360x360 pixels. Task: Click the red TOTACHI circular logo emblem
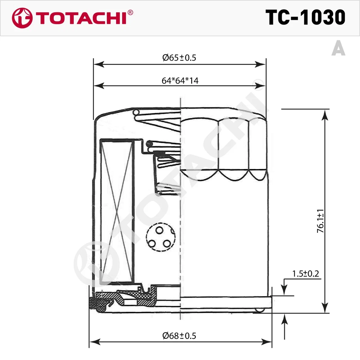[22, 18]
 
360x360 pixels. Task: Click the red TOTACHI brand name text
[81, 18]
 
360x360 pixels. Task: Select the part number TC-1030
[305, 17]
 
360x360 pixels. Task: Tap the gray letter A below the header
[338, 48]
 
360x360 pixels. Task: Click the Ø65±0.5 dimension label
[179, 58]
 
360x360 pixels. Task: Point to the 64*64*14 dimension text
[180, 81]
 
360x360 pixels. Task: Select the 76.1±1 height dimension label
[320, 221]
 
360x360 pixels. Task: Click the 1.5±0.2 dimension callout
[305, 274]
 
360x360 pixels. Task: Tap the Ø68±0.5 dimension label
[179, 336]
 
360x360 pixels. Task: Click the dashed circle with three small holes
[161, 237]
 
